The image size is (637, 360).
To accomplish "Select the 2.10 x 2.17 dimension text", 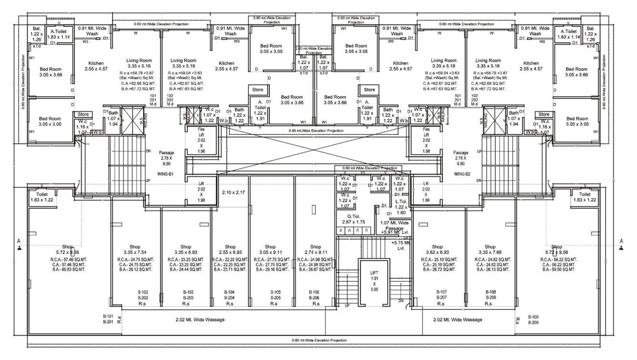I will coord(233,192).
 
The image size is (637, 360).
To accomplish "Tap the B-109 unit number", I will coord(533,317).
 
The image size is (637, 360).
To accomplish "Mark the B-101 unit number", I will coord(107,317).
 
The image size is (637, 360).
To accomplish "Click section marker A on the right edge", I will coord(621,241).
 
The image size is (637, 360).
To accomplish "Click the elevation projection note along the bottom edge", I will coord(319,340).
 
